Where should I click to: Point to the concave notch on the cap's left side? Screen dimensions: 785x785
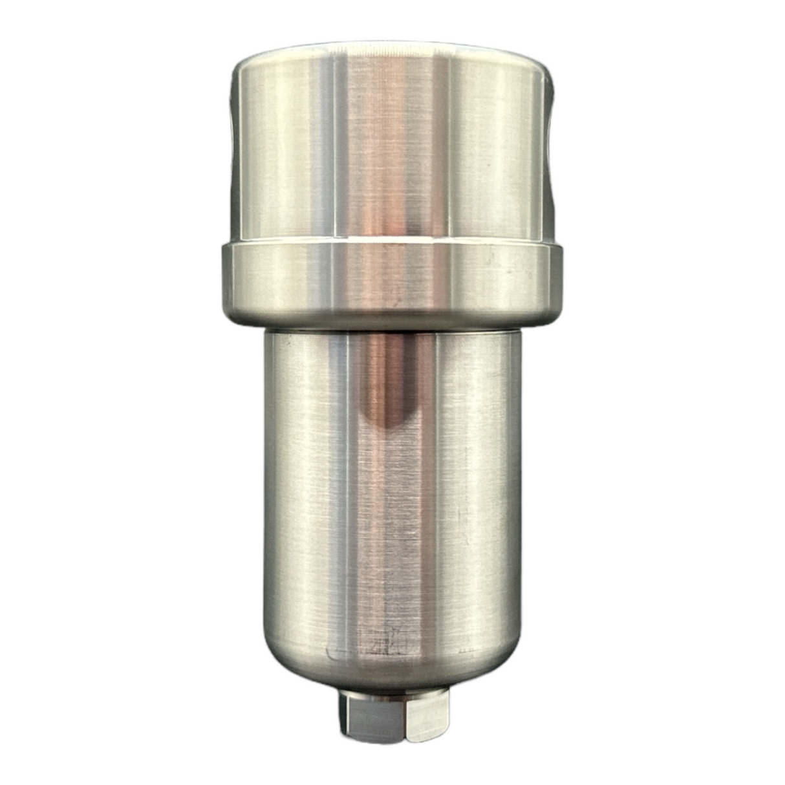[233, 149]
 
